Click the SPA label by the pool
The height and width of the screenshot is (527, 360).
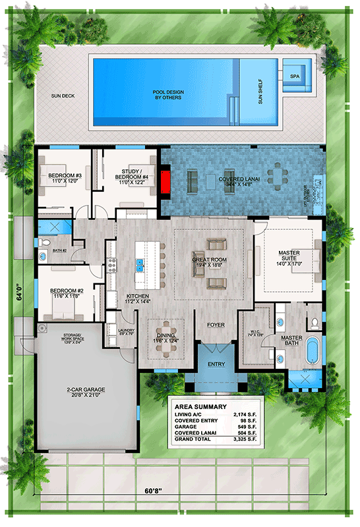(294, 76)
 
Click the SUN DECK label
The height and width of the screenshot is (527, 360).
(64, 96)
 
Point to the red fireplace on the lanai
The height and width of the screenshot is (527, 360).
(166, 181)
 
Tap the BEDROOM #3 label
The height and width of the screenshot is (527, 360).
(63, 177)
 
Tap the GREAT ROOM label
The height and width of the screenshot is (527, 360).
(209, 263)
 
